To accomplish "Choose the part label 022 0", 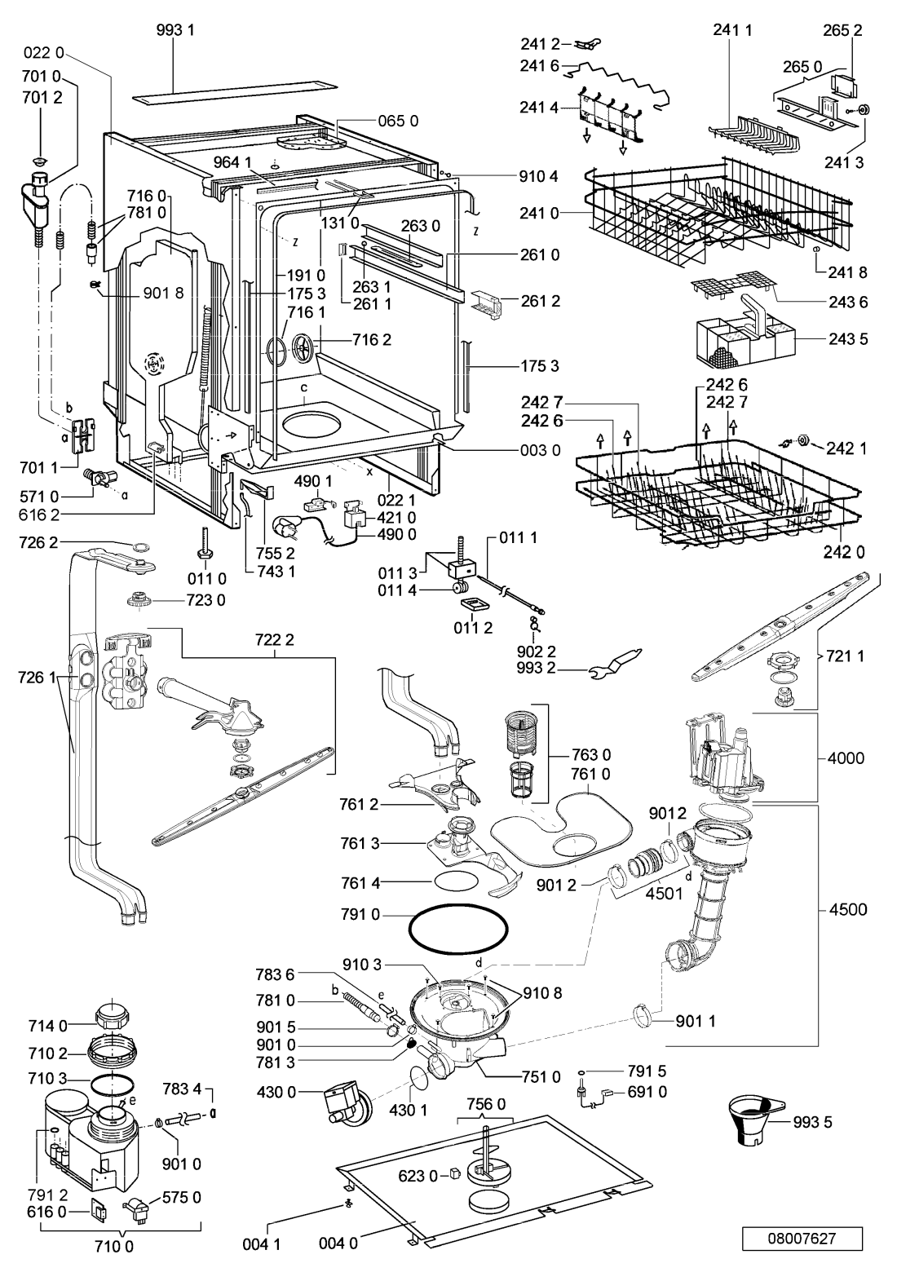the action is click(44, 53).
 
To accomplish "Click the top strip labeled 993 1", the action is click(237, 93).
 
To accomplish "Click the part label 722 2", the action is click(275, 640).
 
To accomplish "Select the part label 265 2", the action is click(842, 30).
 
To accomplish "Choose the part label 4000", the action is click(846, 759).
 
